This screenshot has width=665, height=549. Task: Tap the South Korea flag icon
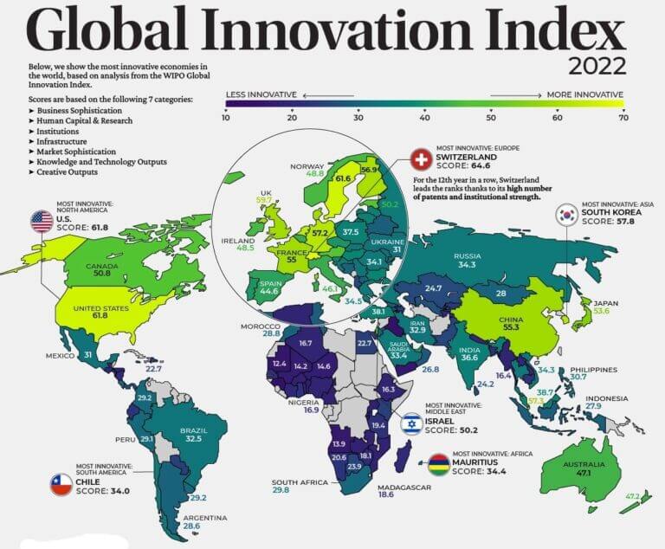(568, 214)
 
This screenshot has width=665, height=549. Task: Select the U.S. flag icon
(42, 221)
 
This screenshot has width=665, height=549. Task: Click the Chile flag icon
(61, 485)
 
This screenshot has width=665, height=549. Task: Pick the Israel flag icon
(412, 424)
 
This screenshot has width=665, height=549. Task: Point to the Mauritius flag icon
(440, 460)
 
